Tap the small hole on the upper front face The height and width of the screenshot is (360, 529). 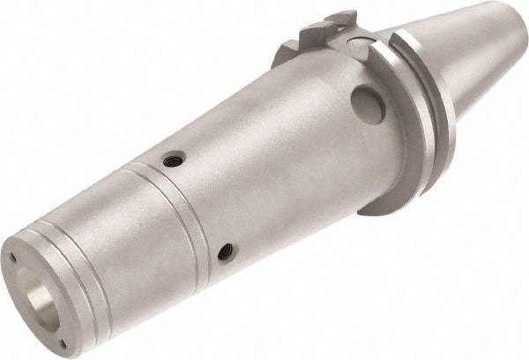tap(12, 257)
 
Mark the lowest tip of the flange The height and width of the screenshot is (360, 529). tap(389, 212)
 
